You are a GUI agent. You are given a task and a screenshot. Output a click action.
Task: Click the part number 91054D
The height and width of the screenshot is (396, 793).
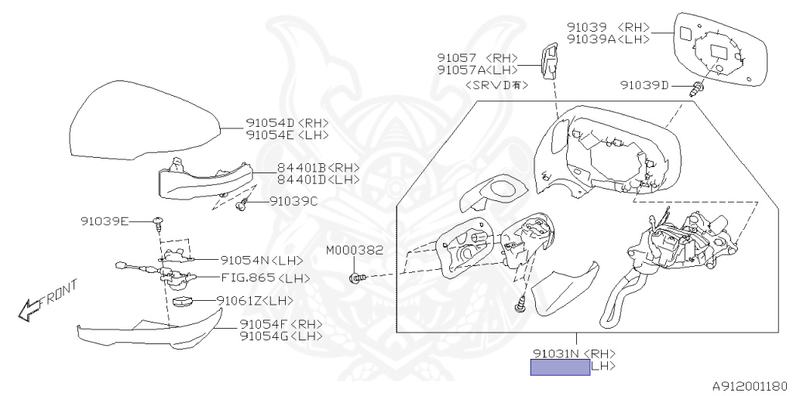[270, 123]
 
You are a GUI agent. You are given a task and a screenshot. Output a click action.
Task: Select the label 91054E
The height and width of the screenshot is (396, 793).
[270, 135]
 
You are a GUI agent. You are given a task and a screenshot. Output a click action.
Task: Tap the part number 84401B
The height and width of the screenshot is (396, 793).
[302, 168]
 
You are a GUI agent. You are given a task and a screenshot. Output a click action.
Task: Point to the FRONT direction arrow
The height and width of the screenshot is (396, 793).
[46, 302]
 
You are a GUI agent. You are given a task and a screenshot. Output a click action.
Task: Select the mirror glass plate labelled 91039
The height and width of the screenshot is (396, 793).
[720, 48]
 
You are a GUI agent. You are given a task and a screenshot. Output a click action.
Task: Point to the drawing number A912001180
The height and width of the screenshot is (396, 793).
[749, 385]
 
